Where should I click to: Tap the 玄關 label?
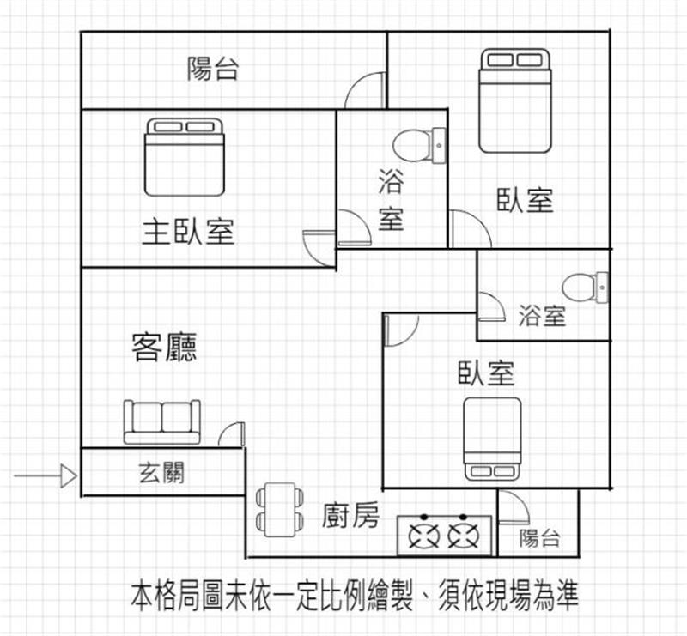click(x=161, y=472)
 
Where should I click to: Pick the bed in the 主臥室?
click(x=184, y=157)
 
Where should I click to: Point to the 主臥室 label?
click(x=188, y=231)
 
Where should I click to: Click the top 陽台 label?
click(x=212, y=70)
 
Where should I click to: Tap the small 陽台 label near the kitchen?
click(x=540, y=538)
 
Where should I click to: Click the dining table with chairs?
click(x=279, y=509)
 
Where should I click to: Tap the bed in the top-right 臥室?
click(x=514, y=100)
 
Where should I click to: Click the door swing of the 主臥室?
click(x=319, y=245)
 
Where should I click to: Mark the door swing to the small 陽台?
click(x=513, y=507)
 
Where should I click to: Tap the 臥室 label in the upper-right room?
click(x=525, y=201)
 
